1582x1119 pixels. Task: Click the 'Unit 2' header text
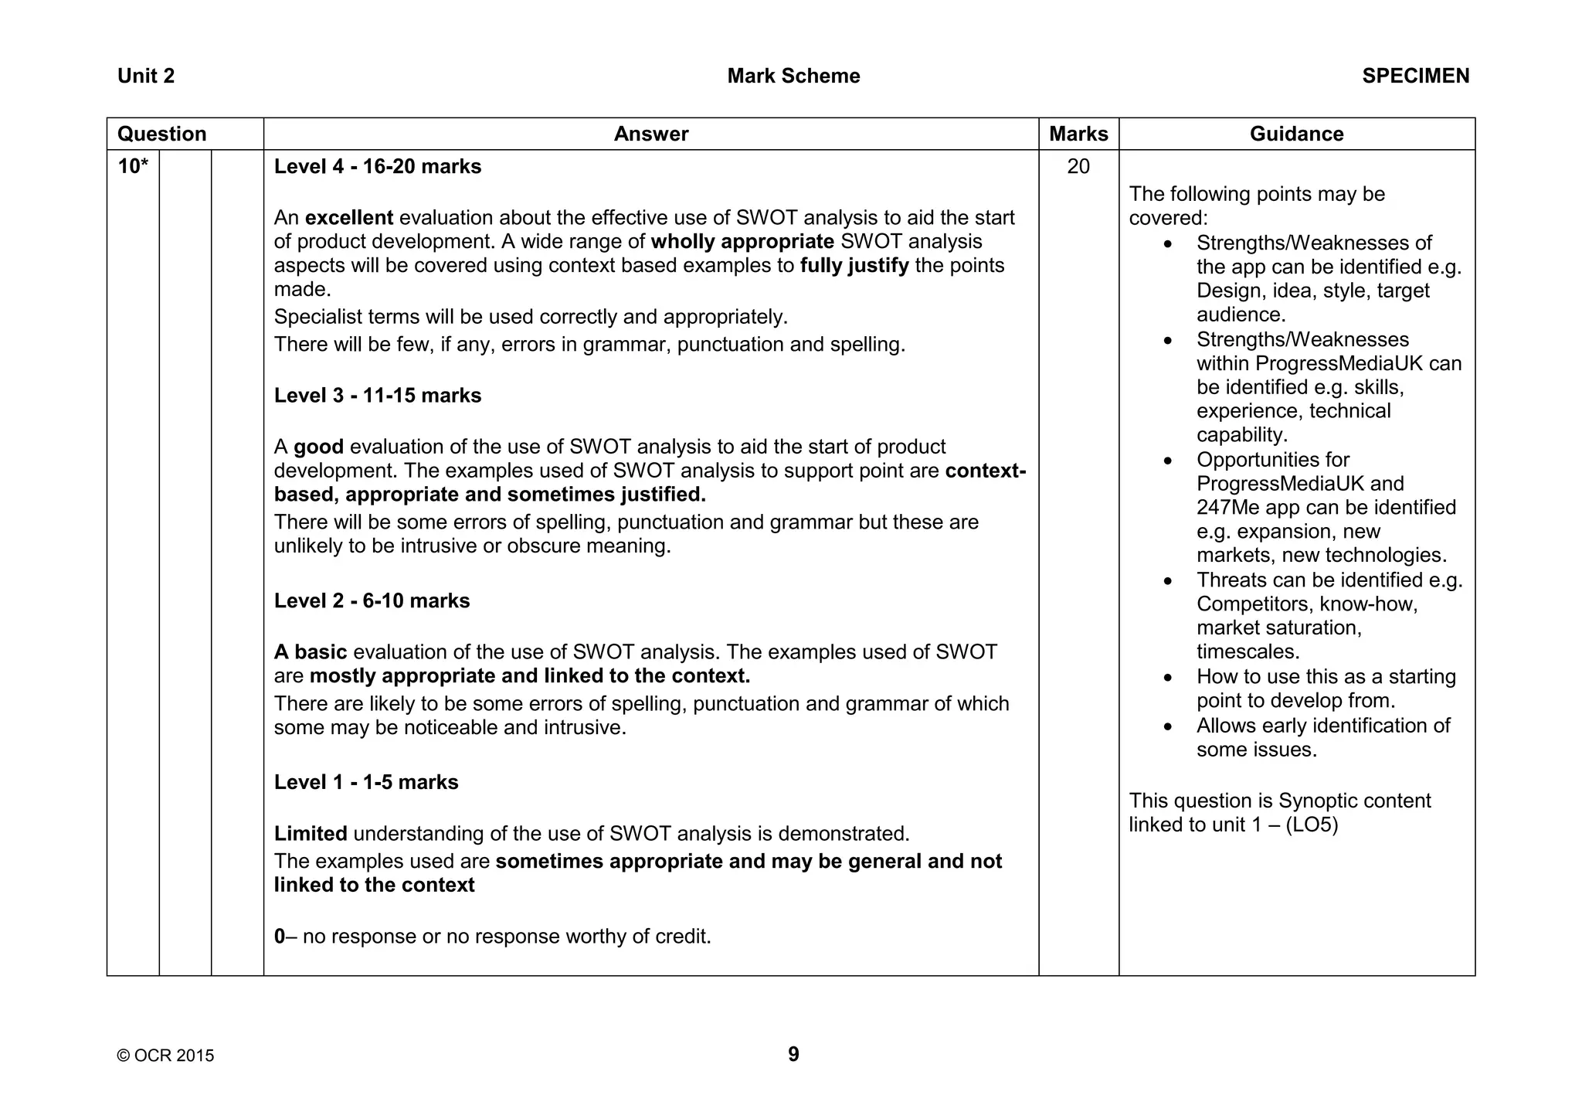click(x=146, y=76)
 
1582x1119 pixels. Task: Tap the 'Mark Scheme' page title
click(x=793, y=76)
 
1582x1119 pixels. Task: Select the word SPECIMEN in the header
click(x=1415, y=76)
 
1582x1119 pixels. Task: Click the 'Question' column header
click(x=162, y=134)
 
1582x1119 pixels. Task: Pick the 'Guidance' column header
click(x=1296, y=134)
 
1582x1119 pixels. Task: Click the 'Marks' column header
click(x=1078, y=134)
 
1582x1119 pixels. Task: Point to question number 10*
click(x=133, y=166)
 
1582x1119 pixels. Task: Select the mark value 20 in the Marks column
click(x=1078, y=166)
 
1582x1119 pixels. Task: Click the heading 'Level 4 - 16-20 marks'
click(x=377, y=166)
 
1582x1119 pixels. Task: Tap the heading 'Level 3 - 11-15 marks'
click(x=377, y=395)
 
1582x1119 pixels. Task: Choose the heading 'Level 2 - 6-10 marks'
click(x=372, y=600)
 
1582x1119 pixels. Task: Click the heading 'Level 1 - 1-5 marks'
click(x=366, y=782)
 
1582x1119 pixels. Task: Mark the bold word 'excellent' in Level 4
click(x=349, y=218)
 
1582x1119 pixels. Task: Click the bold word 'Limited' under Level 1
click(x=311, y=834)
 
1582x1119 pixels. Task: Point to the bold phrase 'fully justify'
click(x=854, y=266)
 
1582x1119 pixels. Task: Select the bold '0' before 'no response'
click(x=280, y=937)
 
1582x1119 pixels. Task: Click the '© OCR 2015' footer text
click(x=165, y=1056)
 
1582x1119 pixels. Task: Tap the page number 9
click(x=793, y=1054)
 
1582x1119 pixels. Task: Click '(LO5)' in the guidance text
click(x=1312, y=825)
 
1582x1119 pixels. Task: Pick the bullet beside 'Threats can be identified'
click(x=1167, y=580)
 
